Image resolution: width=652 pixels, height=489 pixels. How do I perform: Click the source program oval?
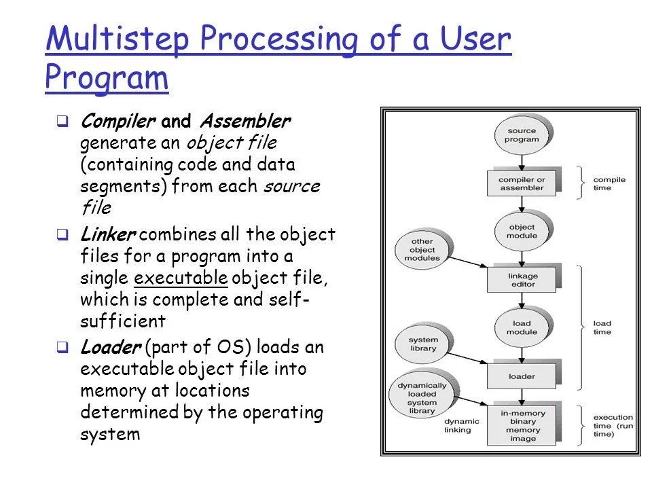(x=522, y=135)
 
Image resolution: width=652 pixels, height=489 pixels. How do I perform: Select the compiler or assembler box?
(x=522, y=183)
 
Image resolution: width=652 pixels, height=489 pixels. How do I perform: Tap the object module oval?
(x=522, y=231)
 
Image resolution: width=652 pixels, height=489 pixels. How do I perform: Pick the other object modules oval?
(x=422, y=250)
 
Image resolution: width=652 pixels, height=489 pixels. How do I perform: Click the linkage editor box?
(x=522, y=279)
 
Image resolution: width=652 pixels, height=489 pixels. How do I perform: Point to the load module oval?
(x=522, y=327)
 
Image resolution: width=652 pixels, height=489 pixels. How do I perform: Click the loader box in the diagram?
(x=522, y=376)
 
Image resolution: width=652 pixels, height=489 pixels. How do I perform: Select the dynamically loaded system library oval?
(x=422, y=398)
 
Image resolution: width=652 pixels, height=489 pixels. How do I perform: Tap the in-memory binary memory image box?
(x=522, y=425)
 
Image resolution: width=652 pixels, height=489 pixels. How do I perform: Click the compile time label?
(x=609, y=183)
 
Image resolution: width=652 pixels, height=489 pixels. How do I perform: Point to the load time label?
(x=602, y=327)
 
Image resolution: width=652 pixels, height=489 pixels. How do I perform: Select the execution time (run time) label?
(x=613, y=425)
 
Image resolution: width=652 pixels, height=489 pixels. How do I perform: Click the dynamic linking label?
(x=462, y=426)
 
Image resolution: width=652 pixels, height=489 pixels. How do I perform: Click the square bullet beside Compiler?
(x=62, y=123)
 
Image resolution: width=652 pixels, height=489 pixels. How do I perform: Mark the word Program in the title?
(x=107, y=77)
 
